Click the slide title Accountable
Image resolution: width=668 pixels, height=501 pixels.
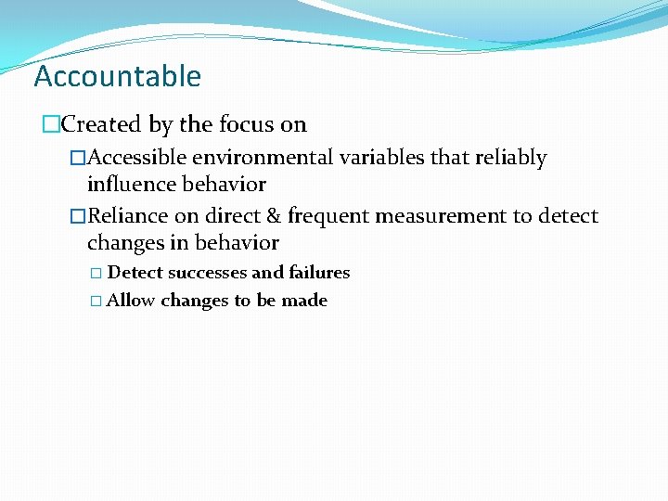click(x=117, y=76)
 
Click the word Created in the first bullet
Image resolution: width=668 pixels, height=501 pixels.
click(x=100, y=124)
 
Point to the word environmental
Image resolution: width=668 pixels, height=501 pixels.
click(x=261, y=159)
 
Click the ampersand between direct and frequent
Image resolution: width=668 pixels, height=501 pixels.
click(x=272, y=216)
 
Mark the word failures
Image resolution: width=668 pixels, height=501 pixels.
click(x=319, y=273)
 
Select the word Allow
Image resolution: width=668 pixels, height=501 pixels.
click(x=131, y=301)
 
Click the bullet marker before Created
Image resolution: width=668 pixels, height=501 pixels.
click(x=52, y=125)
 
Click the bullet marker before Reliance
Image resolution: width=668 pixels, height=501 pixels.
click(x=78, y=217)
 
